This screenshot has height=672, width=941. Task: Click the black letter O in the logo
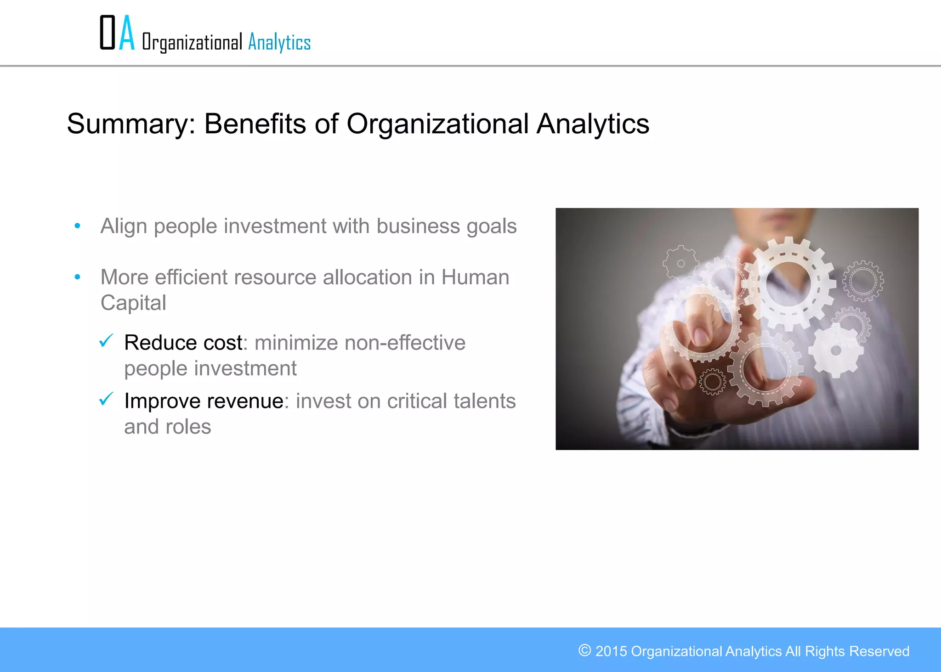pyautogui.click(x=108, y=33)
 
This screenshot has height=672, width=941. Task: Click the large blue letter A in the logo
pyautogui.click(x=127, y=33)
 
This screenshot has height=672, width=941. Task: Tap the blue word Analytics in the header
pyautogui.click(x=279, y=43)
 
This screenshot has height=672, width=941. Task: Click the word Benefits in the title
pyautogui.click(x=255, y=124)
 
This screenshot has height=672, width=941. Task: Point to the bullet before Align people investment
pyautogui.click(x=78, y=226)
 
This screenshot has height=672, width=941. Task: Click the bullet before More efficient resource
pyautogui.click(x=78, y=277)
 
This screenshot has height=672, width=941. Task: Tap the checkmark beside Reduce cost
pyautogui.click(x=106, y=341)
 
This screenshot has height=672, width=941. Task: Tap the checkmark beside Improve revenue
pyautogui.click(x=106, y=399)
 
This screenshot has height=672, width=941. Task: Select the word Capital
pyautogui.click(x=133, y=303)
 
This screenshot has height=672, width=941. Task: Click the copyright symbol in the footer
pyautogui.click(x=584, y=650)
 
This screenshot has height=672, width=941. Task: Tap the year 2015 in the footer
pyautogui.click(x=611, y=651)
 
